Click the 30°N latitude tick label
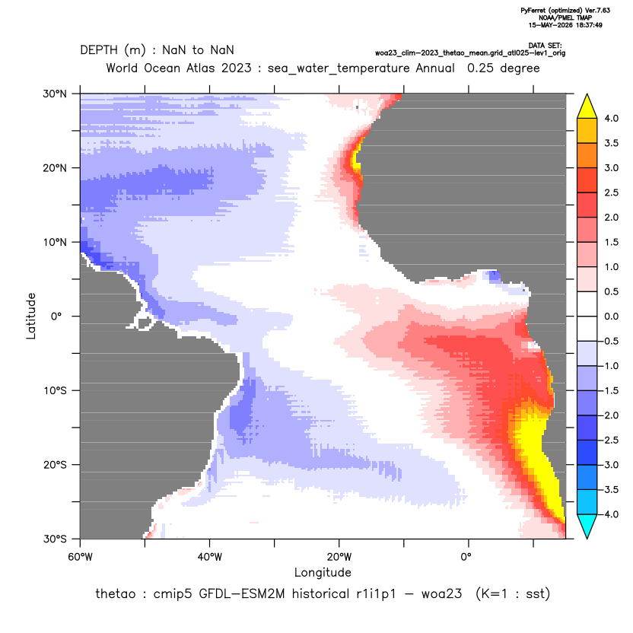[55, 94]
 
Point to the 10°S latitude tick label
[55, 391]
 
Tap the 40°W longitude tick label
[209, 557]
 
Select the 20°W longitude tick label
[339, 557]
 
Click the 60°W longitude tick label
[80, 557]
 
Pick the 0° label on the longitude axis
[466, 557]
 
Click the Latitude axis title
[31, 316]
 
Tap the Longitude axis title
[323, 572]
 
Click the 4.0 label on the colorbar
[611, 118]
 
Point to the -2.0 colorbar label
[610, 415]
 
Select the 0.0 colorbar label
[611, 316]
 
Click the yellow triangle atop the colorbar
[587, 107]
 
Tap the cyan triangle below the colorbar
[587, 525]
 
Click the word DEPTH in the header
[99, 50]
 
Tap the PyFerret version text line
[565, 11]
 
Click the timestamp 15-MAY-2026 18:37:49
[565, 25]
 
